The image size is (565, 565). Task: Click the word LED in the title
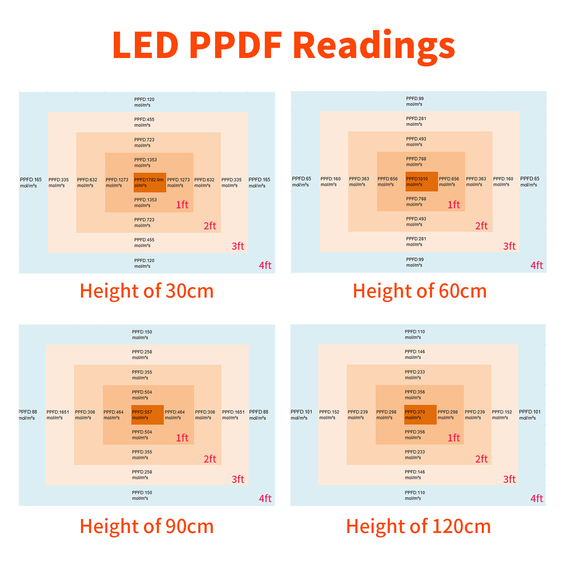point(145,45)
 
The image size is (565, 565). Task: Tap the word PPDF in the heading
point(236,45)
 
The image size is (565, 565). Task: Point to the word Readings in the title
point(374,47)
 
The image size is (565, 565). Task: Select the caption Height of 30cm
point(147,291)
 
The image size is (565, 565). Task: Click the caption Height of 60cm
point(420,291)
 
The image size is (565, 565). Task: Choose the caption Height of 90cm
point(147,526)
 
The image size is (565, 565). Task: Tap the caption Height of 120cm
point(418,526)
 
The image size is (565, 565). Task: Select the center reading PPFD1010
point(417,179)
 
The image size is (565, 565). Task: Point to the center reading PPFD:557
point(142,412)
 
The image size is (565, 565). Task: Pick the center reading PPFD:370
point(415,412)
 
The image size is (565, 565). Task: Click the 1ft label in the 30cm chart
point(182,205)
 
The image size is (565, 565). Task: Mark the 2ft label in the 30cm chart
point(210,226)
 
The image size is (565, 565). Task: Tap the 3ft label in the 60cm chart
point(509,246)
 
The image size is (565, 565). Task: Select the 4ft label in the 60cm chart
point(537,265)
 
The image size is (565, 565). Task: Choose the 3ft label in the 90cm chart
point(238,479)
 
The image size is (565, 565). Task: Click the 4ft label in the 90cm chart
point(265,498)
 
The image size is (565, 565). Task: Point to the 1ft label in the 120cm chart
point(454,438)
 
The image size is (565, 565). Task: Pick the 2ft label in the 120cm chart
point(481,459)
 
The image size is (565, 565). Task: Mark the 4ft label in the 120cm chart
point(537,498)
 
